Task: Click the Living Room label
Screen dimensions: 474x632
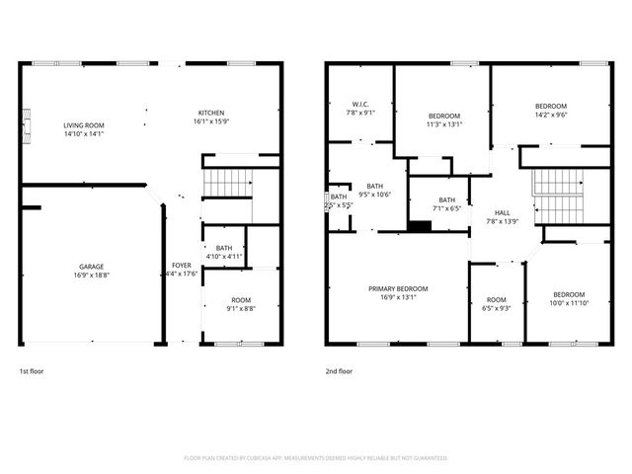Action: [84, 125]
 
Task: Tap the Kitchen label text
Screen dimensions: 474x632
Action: [211, 113]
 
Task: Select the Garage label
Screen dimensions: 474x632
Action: [91, 267]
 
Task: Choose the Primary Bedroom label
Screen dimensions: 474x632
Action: [396, 289]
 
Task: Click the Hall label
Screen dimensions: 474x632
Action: [503, 212]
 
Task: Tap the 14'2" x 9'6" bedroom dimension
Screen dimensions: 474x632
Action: [551, 115]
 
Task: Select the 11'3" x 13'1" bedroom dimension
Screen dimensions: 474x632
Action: [442, 124]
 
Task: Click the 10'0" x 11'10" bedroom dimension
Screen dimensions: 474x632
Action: [568, 302]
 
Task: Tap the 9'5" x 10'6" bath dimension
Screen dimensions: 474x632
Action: [374, 195]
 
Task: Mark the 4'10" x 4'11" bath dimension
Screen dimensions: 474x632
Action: [223, 257]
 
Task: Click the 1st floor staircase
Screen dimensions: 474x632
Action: [228, 183]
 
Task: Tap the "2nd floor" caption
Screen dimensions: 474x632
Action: [339, 371]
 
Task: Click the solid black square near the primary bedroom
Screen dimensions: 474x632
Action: [420, 226]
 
